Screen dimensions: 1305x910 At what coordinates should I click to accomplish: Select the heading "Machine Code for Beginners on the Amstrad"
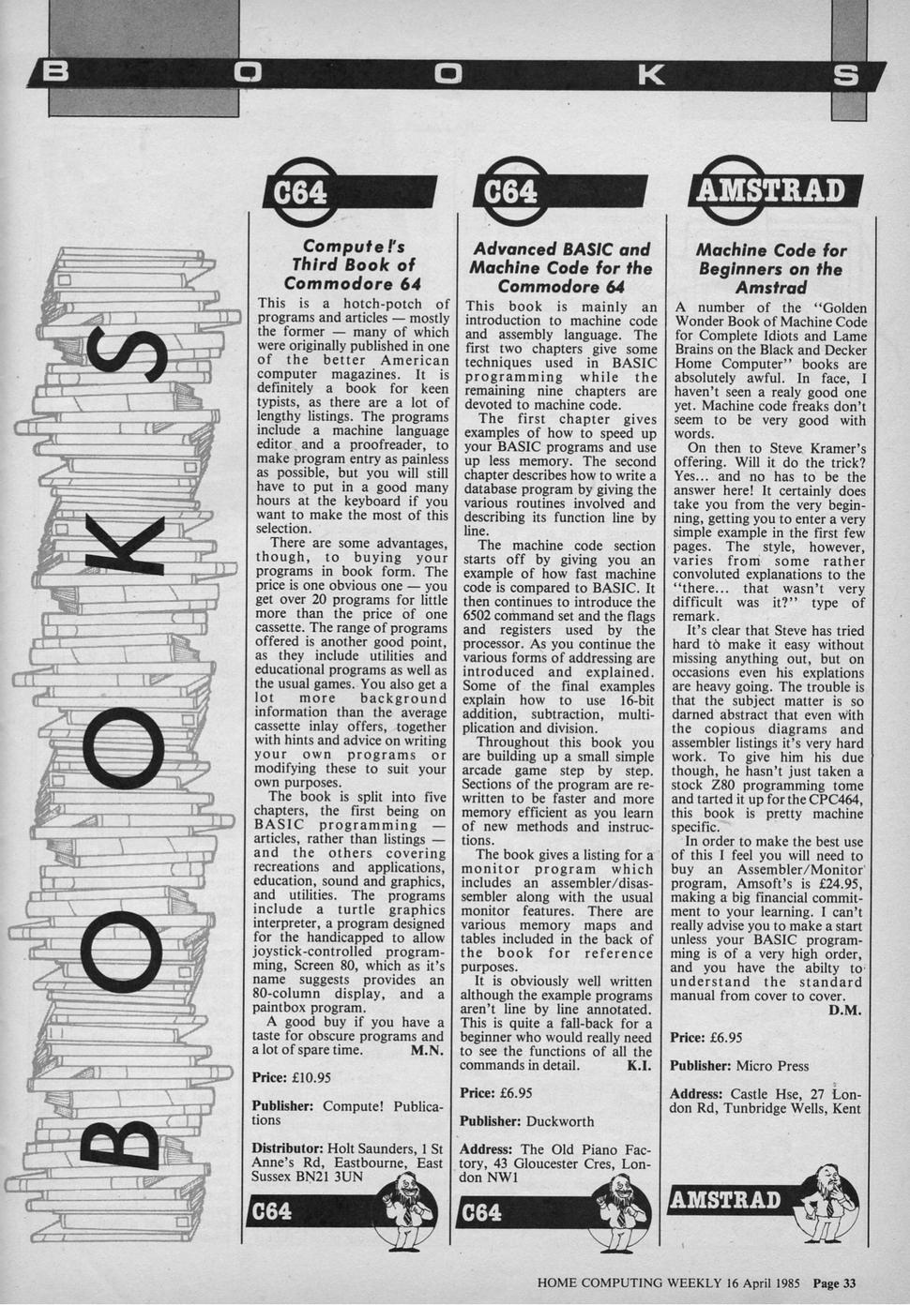click(770, 268)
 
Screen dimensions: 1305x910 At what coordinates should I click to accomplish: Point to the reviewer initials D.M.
click(845, 1010)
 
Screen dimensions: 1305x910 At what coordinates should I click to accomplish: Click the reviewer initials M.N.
click(427, 1051)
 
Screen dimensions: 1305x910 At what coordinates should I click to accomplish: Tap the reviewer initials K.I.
click(639, 1066)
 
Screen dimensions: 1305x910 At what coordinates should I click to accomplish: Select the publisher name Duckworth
click(560, 1120)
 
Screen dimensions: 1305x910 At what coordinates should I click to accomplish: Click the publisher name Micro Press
click(772, 1066)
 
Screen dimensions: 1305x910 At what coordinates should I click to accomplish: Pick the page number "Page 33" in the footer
click(834, 1283)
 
